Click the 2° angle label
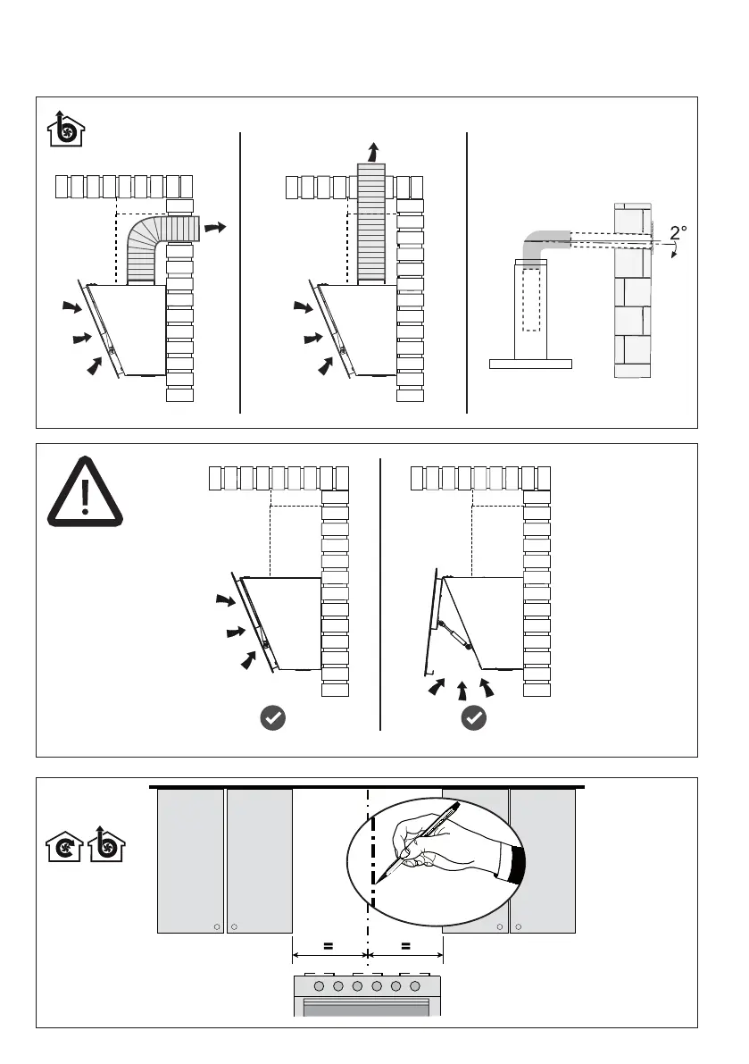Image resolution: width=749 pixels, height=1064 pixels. click(678, 233)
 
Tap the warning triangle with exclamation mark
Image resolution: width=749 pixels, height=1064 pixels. click(85, 492)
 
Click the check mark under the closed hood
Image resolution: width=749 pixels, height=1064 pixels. click(272, 717)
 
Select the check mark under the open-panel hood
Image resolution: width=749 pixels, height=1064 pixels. click(474, 717)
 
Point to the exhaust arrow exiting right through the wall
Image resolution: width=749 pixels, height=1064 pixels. click(215, 229)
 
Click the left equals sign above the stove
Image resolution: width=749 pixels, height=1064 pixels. click(329, 944)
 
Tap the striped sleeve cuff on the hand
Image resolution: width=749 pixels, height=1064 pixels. click(517, 863)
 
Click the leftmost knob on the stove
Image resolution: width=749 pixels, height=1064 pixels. click(320, 986)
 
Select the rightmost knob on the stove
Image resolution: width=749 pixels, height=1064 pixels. click(415, 986)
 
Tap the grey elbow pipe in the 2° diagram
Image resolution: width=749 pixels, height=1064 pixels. click(537, 243)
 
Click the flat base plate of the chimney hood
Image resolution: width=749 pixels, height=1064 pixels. click(530, 364)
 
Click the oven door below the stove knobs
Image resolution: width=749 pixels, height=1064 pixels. click(367, 1007)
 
